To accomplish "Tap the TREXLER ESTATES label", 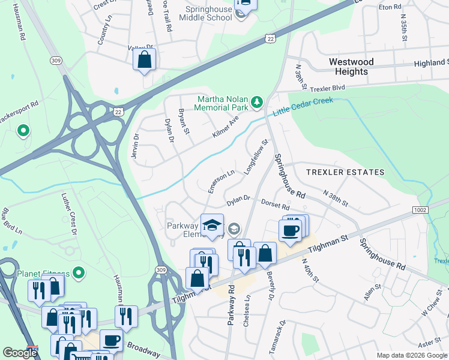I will [x=345, y=172].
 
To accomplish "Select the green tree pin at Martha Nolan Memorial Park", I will [x=258, y=102].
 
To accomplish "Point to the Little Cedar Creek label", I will [x=303, y=106].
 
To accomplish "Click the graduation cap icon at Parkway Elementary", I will [x=212, y=226].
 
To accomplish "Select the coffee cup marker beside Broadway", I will [x=111, y=340].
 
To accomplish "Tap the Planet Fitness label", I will [x=43, y=274].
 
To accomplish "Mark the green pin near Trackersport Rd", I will [x=23, y=130].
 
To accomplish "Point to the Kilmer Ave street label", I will [x=225, y=127].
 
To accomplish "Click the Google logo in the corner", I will [x=20, y=353].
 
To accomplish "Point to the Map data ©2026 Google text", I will [x=411, y=355].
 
